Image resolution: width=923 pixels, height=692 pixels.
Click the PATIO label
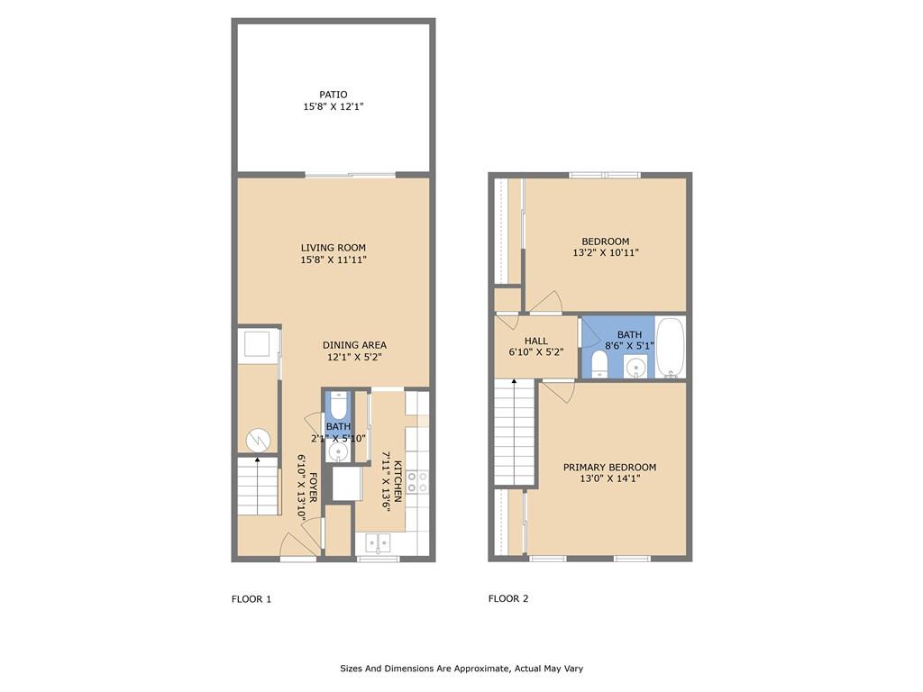point(334,94)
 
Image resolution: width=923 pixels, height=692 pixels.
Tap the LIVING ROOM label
point(334,248)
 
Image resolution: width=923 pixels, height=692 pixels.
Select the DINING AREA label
point(355,345)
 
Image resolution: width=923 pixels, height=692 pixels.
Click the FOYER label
point(313,487)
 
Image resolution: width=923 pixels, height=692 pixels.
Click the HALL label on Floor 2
point(536,341)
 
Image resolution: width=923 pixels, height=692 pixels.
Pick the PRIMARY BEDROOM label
point(609,467)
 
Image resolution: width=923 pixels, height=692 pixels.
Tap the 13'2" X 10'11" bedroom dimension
point(605,253)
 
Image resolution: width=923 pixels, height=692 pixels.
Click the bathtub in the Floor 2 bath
point(670,347)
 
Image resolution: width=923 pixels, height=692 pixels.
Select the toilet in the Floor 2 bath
point(600,363)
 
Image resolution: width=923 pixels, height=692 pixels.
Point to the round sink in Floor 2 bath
point(637,366)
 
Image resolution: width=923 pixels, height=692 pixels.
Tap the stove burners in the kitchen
point(416,481)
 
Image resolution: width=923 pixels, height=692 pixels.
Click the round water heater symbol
point(258,439)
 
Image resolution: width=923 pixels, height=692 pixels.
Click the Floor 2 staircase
point(515,432)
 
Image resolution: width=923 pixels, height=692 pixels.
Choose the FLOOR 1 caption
point(251,598)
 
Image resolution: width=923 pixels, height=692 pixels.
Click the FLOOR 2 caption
point(508,598)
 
